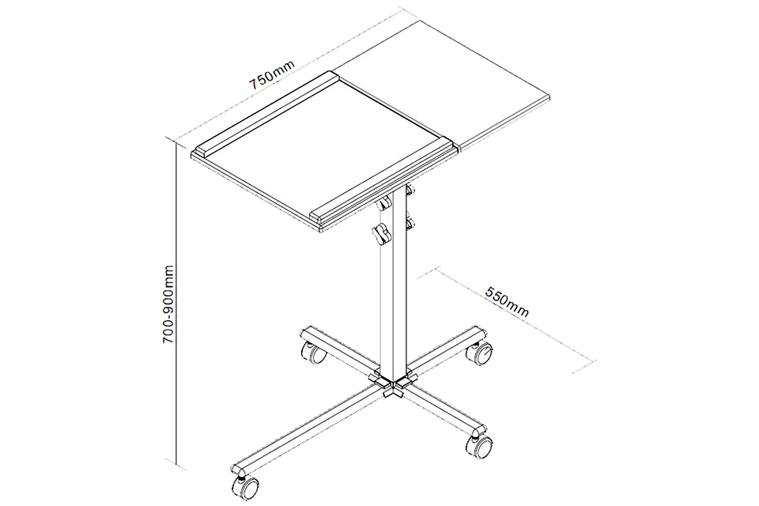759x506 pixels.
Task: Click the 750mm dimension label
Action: click(x=271, y=76)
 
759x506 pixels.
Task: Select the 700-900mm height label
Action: click(x=168, y=304)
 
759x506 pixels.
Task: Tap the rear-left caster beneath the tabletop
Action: click(x=313, y=353)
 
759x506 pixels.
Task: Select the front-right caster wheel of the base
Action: click(x=479, y=446)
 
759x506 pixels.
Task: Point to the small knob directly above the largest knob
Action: click(x=385, y=204)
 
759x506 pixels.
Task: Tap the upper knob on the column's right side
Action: click(x=410, y=189)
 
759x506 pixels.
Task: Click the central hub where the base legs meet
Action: click(x=393, y=383)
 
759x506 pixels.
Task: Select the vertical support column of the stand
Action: click(x=393, y=281)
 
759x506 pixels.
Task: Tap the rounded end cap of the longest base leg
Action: click(x=238, y=469)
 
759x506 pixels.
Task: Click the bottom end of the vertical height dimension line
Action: click(x=179, y=463)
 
